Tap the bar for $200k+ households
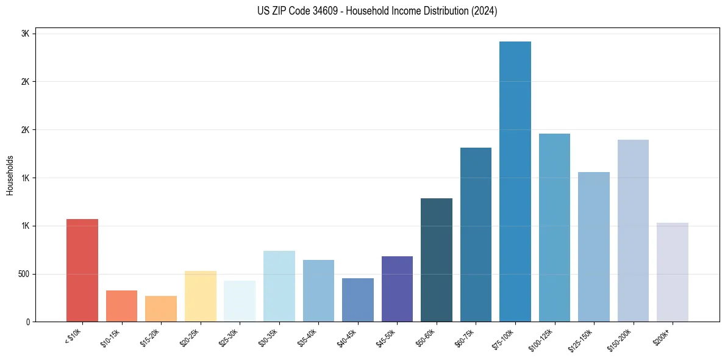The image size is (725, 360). click(x=673, y=272)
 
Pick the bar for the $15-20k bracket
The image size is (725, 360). click(x=161, y=309)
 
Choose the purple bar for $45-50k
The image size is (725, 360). click(x=397, y=289)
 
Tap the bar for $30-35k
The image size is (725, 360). click(x=279, y=286)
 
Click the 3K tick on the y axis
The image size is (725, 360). click(x=26, y=34)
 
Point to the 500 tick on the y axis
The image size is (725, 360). click(x=23, y=274)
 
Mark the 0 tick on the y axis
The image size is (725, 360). click(x=27, y=322)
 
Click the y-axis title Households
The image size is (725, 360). click(x=10, y=175)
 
